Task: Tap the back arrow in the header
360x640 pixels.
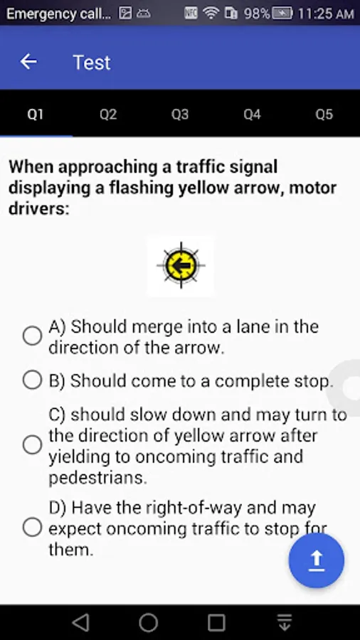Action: click(x=28, y=62)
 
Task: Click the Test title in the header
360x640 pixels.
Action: click(x=92, y=63)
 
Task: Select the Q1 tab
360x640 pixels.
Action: click(x=36, y=114)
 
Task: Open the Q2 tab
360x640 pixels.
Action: click(x=108, y=114)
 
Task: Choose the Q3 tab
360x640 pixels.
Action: click(x=180, y=114)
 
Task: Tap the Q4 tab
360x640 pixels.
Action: click(x=252, y=114)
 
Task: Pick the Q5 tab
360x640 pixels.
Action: click(x=324, y=114)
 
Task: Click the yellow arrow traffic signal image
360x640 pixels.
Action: click(x=181, y=266)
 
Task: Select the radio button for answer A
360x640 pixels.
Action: click(x=32, y=336)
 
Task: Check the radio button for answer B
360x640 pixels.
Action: click(x=32, y=380)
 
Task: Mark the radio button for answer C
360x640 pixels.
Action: click(x=32, y=444)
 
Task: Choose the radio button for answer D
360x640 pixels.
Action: click(x=32, y=527)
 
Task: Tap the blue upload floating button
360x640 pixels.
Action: click(x=317, y=560)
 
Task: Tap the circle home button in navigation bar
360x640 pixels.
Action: click(x=149, y=623)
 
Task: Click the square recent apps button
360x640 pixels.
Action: click(x=216, y=623)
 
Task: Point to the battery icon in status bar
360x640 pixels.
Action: click(x=282, y=14)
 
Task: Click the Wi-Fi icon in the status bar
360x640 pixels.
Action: click(x=211, y=14)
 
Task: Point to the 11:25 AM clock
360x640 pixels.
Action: click(x=326, y=14)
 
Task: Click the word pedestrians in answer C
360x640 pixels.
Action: click(x=97, y=478)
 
